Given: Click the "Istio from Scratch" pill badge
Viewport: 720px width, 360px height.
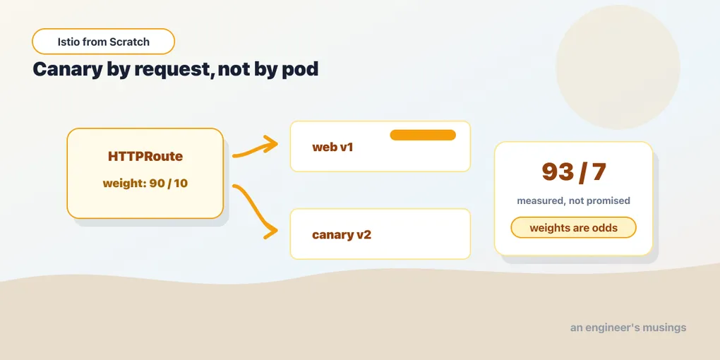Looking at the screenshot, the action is (103, 42).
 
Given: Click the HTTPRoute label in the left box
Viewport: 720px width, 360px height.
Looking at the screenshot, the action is (145, 157).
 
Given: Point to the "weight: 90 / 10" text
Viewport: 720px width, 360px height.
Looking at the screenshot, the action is (145, 184).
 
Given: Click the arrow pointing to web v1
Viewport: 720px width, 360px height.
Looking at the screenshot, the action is (255, 148).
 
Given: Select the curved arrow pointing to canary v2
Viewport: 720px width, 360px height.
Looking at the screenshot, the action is (255, 212).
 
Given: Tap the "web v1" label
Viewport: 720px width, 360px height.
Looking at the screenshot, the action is (332, 148).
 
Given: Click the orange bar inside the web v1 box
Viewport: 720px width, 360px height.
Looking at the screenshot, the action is (423, 135).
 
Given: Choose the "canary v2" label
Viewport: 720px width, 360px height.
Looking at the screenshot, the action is (342, 235).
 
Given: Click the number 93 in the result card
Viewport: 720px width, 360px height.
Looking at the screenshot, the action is (558, 172).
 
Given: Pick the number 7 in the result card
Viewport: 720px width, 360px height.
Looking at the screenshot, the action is (599, 172).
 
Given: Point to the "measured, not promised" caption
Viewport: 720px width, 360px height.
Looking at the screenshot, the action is (573, 200).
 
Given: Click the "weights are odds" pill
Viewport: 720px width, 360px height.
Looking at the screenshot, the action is (573, 228).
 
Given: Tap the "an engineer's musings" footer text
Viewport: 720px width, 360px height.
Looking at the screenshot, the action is (628, 328).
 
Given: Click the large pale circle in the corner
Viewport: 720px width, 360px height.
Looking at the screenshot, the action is (618, 67).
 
